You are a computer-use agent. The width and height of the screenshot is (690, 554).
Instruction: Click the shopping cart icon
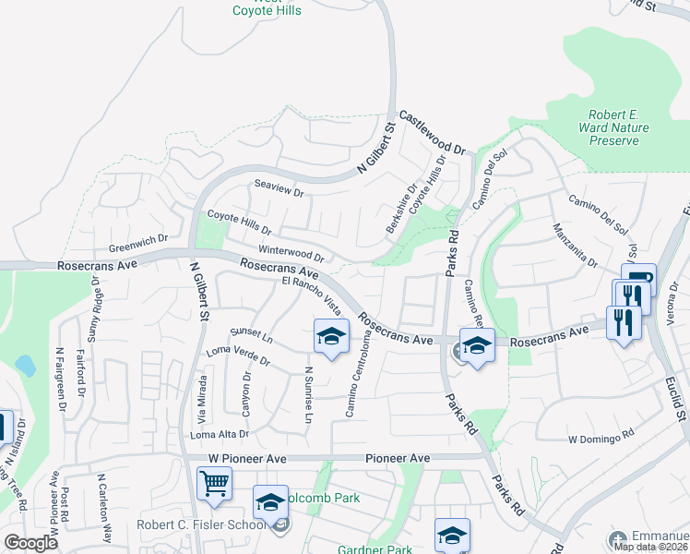[214, 482]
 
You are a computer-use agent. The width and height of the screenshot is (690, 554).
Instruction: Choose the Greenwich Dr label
[138, 243]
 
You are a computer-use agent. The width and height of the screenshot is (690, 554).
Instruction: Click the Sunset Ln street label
[253, 333]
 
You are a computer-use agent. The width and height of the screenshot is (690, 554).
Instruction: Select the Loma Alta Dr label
[220, 433]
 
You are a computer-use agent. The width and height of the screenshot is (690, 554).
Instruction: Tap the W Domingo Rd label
[601, 433]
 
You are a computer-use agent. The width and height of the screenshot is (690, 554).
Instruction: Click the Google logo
[30, 542]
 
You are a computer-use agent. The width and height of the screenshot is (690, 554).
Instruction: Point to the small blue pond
[25, 365]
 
